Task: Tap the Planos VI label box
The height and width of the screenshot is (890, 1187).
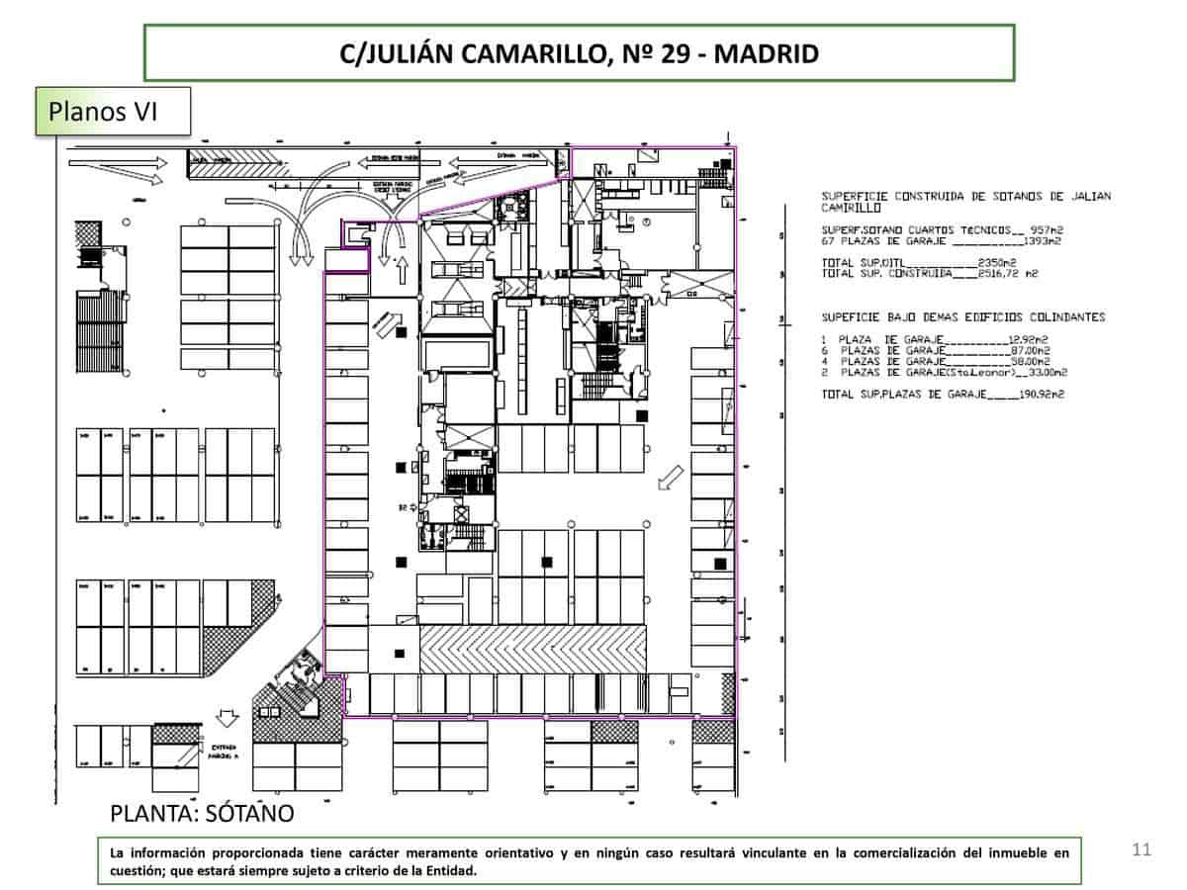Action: click(113, 111)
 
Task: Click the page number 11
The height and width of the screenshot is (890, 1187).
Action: click(1142, 849)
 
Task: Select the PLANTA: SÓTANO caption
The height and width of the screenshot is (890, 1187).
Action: click(202, 814)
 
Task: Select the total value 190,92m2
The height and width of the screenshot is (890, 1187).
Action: click(1044, 396)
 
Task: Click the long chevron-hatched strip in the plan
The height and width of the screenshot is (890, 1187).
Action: click(533, 649)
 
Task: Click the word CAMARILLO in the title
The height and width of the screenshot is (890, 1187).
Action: click(535, 53)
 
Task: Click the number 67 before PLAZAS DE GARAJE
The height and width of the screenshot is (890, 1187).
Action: click(828, 240)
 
